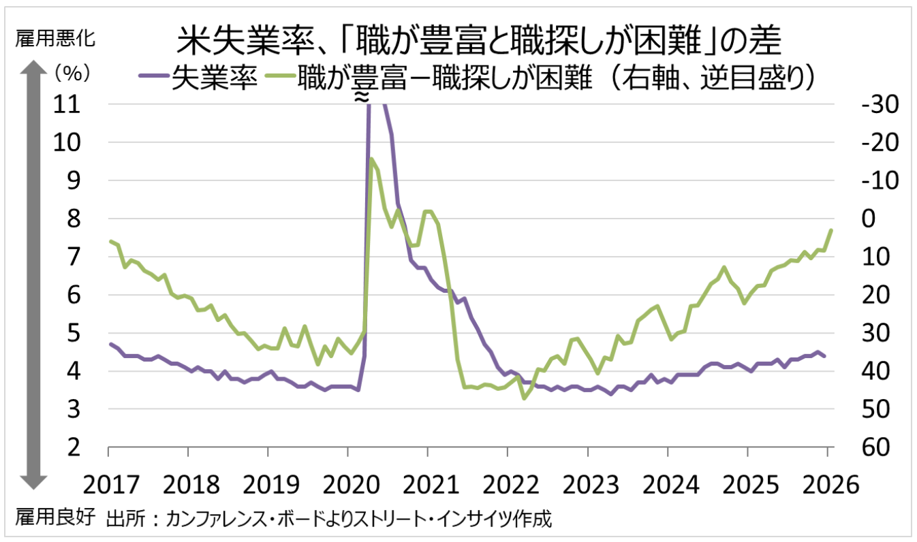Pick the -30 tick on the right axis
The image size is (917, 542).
coord(860,105)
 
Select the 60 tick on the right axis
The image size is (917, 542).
coord(857,447)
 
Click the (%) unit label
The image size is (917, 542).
coord(68,71)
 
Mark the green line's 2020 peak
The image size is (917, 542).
coord(371,158)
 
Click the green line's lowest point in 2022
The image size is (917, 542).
coord(523,398)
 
